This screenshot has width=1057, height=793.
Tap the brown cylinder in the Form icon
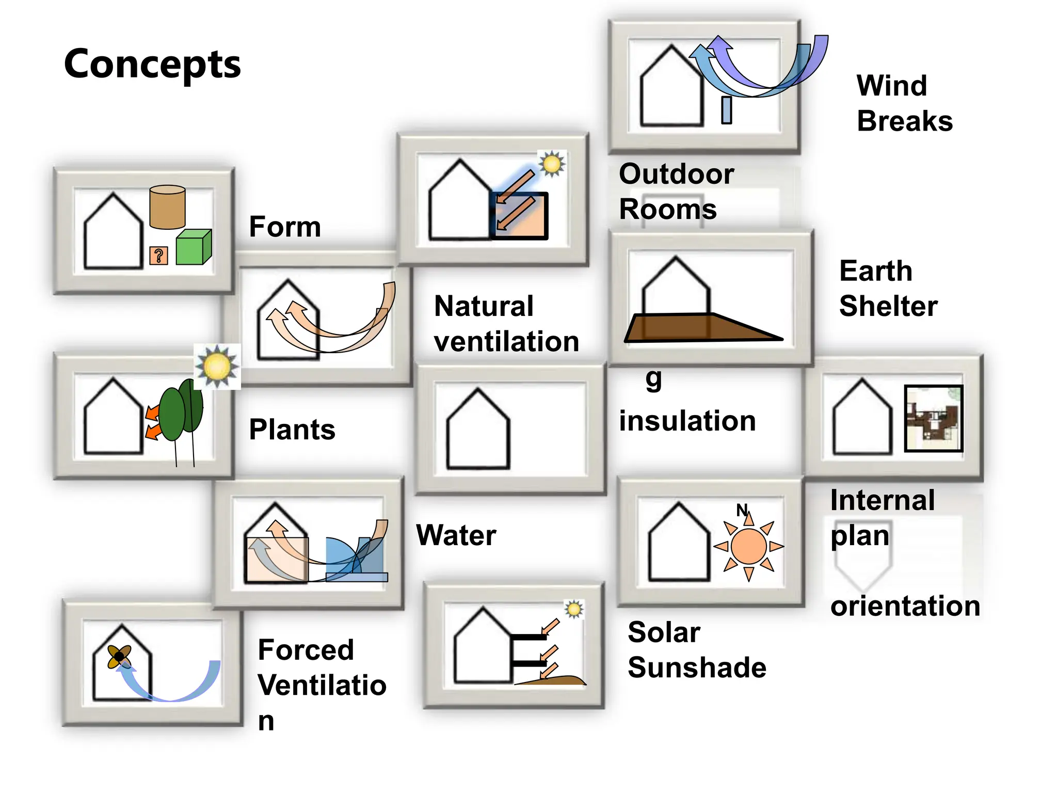pyautogui.click(x=167, y=208)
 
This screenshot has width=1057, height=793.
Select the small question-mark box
pyautogui.click(x=158, y=256)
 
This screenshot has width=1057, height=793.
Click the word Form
pyautogui.click(x=285, y=227)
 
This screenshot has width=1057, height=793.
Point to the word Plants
pyautogui.click(x=292, y=430)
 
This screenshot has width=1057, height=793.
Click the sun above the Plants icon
pyautogui.click(x=217, y=367)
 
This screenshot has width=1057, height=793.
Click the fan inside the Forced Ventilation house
pyautogui.click(x=119, y=657)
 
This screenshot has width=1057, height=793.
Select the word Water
pyautogui.click(x=456, y=535)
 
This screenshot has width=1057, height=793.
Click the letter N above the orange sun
pyautogui.click(x=742, y=510)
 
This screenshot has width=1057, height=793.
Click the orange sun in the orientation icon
pyautogui.click(x=749, y=546)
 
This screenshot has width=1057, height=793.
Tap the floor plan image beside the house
pyautogui.click(x=934, y=419)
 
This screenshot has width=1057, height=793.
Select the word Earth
pyautogui.click(x=876, y=271)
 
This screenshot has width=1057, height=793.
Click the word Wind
pyautogui.click(x=892, y=86)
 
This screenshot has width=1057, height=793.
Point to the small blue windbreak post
pyautogui.click(x=727, y=110)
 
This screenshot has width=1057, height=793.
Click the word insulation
pyautogui.click(x=687, y=421)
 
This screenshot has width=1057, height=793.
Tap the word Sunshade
pyautogui.click(x=697, y=668)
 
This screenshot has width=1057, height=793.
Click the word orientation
pyautogui.click(x=905, y=606)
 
